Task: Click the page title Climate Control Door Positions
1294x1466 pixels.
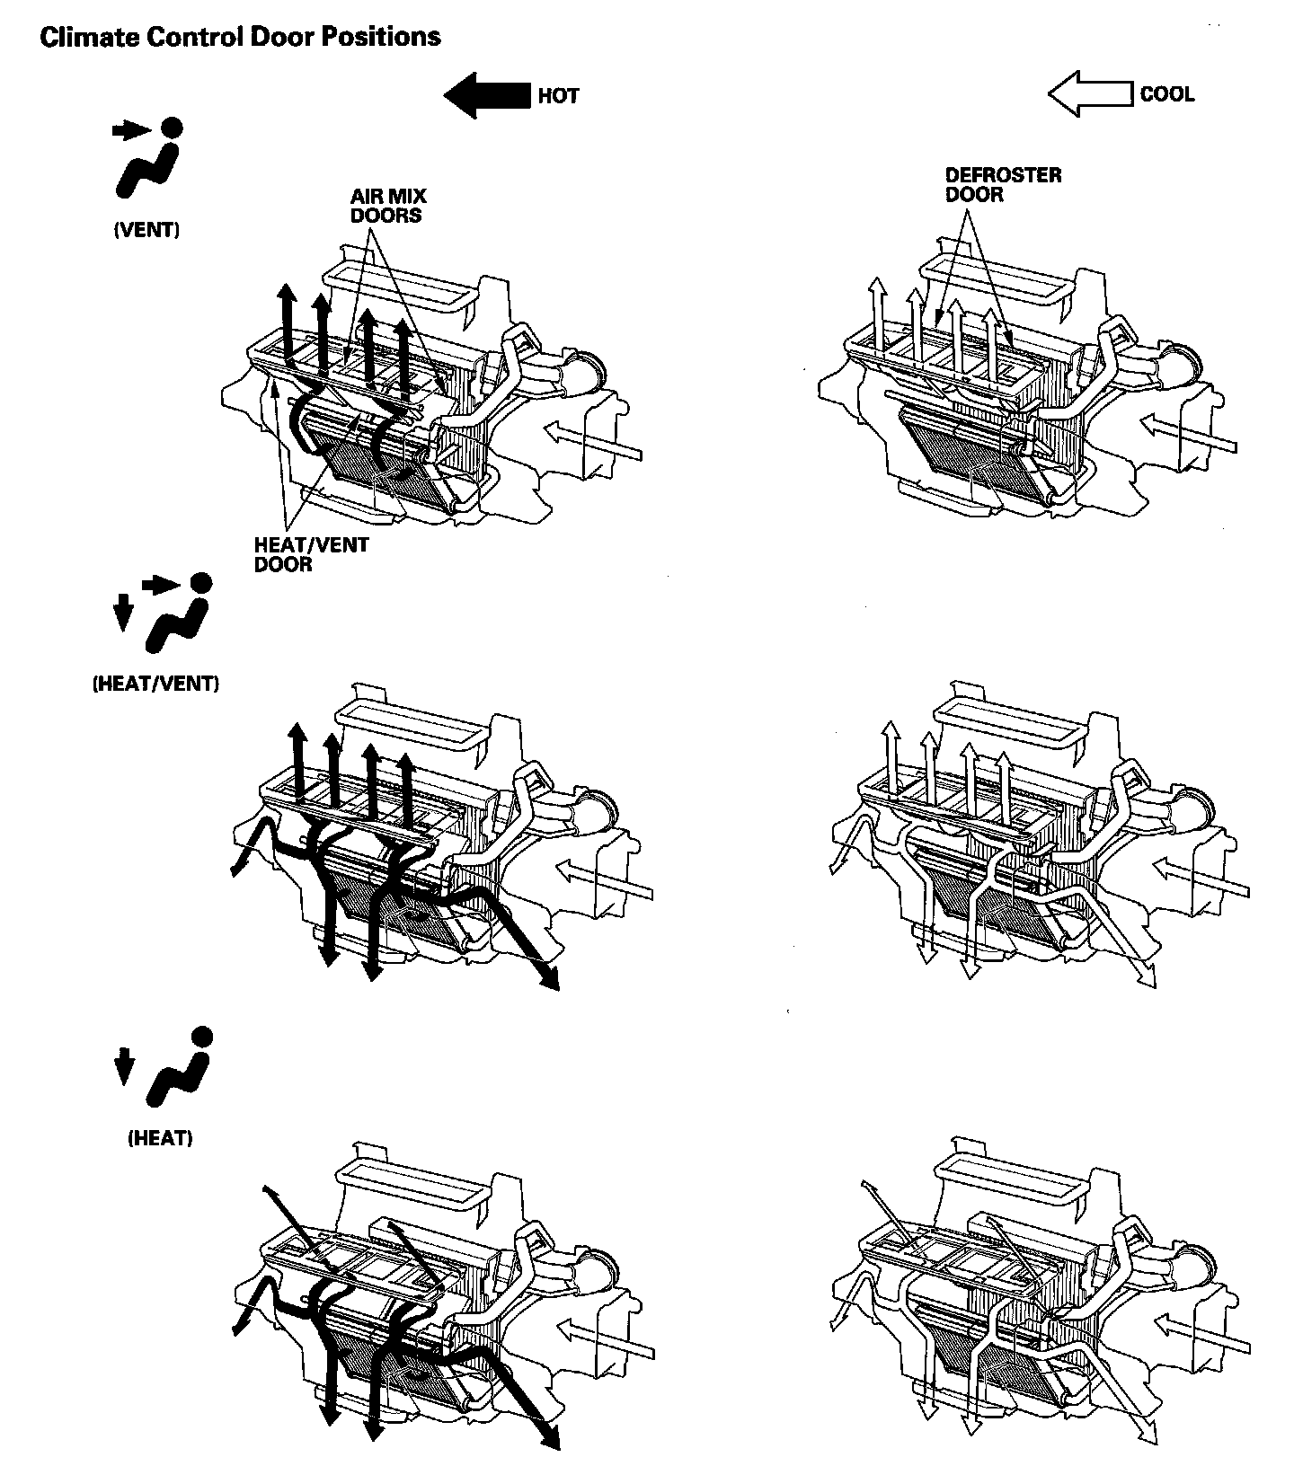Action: pos(240,38)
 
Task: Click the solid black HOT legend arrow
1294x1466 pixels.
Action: pos(487,95)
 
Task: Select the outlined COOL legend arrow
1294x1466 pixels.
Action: pos(1089,94)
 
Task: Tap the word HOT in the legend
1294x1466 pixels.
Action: pos(558,96)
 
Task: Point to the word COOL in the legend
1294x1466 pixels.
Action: pos(1166,94)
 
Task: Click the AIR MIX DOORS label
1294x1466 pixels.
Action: pos(388,206)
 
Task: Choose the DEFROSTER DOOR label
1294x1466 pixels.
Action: pos(1002,184)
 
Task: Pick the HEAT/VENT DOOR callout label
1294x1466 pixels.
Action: pos(311,554)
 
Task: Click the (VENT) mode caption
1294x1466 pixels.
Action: pos(146,230)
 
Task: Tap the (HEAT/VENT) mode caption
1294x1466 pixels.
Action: pos(155,684)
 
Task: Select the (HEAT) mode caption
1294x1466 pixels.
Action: pos(160,1138)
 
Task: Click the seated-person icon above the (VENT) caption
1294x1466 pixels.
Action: pos(152,162)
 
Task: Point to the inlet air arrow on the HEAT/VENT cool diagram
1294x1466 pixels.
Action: pos(1202,878)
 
